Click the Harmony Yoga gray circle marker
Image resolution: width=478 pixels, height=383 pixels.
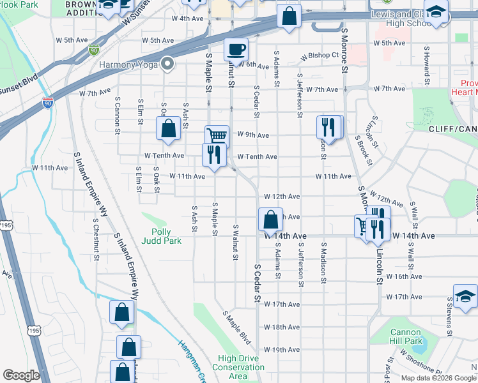click(168, 63)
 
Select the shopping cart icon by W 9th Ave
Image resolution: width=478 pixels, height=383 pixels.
click(217, 136)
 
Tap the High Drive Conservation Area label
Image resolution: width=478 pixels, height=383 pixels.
click(238, 367)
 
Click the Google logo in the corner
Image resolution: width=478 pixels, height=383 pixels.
click(21, 375)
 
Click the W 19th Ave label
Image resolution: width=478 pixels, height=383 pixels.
click(281, 350)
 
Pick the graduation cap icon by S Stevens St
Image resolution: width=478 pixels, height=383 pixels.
click(465, 296)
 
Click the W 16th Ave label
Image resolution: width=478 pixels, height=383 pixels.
click(405, 276)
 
